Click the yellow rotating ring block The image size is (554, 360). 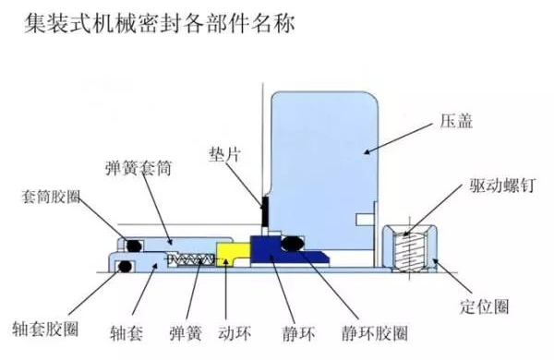[x=231, y=252]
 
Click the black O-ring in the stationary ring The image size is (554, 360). [x=293, y=244]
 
